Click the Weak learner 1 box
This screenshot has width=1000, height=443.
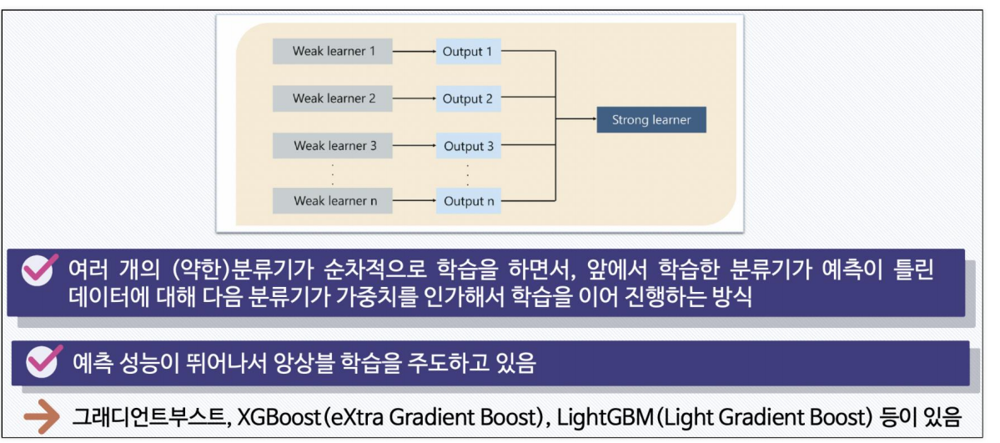click(332, 52)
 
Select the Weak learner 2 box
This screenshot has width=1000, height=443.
click(332, 98)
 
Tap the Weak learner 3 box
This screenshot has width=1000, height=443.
click(332, 146)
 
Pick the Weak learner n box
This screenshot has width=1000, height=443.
click(332, 201)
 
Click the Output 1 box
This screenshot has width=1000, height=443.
click(468, 52)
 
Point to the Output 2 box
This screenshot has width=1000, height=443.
click(468, 98)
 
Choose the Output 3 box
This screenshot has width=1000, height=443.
click(468, 146)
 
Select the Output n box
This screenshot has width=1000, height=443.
click(468, 201)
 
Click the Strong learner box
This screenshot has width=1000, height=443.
click(651, 120)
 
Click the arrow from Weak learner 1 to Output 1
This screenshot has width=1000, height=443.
click(414, 52)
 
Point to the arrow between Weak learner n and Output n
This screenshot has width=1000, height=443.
click(414, 201)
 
